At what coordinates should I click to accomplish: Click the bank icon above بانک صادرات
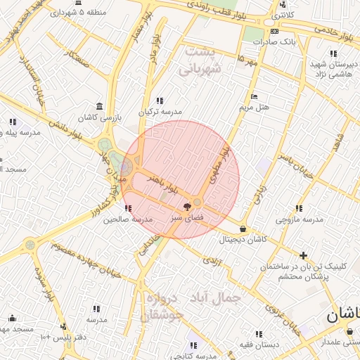(x=274, y=32)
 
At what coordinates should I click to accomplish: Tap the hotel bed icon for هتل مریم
(x=254, y=96)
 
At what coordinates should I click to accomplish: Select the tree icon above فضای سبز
(x=187, y=207)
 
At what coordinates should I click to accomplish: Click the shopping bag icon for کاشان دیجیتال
(x=243, y=229)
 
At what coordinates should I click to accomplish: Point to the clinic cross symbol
(x=303, y=255)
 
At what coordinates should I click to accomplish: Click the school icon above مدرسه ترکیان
(x=160, y=101)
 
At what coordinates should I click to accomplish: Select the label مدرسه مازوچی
(x=300, y=219)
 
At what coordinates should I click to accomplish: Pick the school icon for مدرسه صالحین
(x=127, y=208)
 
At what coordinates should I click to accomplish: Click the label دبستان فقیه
(x=258, y=345)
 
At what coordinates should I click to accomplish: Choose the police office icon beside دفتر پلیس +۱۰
(x=64, y=326)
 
